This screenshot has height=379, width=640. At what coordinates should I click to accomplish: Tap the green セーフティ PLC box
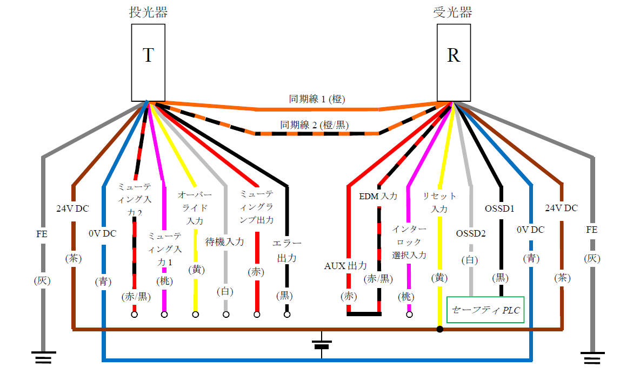(x=485, y=310)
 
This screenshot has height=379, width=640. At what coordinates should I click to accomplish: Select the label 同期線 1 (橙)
(x=317, y=99)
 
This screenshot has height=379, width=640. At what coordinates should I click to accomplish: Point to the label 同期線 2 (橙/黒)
(x=314, y=125)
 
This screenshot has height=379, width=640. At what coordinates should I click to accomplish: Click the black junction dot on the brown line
(x=440, y=329)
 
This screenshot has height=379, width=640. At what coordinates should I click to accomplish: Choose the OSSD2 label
(x=471, y=233)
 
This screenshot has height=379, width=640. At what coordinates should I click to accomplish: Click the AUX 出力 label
(x=345, y=266)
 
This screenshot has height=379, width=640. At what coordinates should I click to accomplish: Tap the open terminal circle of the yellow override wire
(x=195, y=314)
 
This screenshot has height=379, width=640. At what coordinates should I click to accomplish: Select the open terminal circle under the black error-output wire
(x=286, y=314)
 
